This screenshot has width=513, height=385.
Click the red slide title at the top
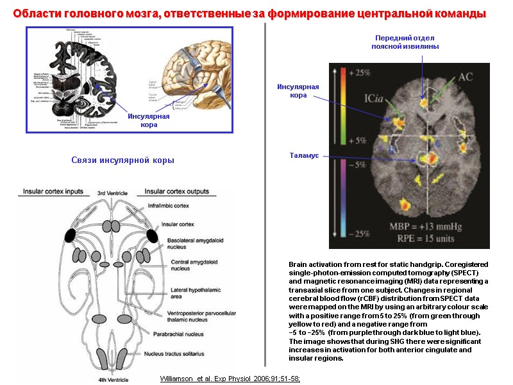(x=249, y=13)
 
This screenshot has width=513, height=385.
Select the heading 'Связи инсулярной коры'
(x=122, y=160)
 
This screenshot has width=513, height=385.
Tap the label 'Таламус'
(x=303, y=155)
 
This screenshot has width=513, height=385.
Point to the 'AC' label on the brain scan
(x=466, y=77)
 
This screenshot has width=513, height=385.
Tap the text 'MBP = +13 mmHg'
(x=426, y=226)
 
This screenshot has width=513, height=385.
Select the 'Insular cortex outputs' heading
(x=177, y=191)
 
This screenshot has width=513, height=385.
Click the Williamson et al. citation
(x=230, y=379)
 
